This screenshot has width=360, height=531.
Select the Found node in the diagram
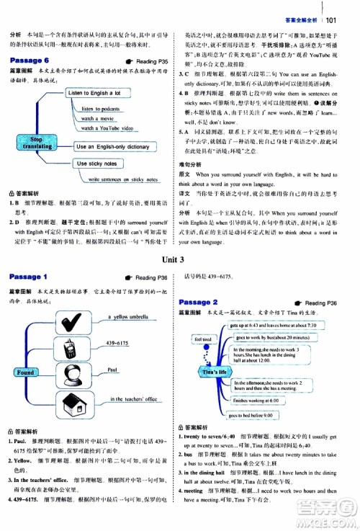[24, 372]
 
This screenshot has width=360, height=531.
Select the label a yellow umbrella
[127, 316]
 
